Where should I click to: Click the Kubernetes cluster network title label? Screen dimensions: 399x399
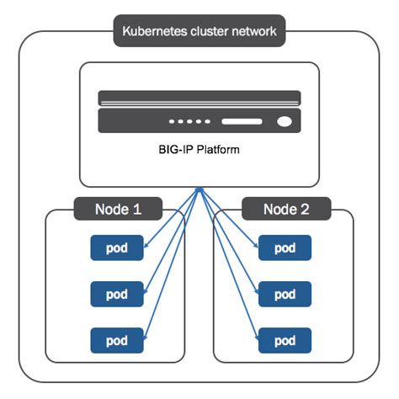point(199,34)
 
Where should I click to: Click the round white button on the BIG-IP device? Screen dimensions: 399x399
point(285,121)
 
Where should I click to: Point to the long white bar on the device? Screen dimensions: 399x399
point(242,121)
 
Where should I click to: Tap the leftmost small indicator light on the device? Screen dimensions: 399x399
point(173,121)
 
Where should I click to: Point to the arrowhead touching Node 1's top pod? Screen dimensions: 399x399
point(146,247)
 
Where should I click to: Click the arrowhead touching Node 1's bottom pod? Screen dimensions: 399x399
point(146,338)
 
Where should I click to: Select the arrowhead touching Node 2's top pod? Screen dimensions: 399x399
point(255,247)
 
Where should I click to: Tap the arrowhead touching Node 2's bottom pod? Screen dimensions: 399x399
point(255,338)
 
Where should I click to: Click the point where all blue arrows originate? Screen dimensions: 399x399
point(199,189)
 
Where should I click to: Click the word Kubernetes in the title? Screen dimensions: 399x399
point(156,34)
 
